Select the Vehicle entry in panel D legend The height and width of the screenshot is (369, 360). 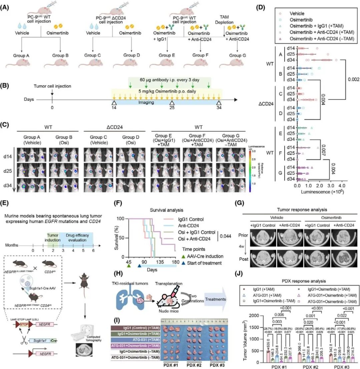[299, 14]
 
